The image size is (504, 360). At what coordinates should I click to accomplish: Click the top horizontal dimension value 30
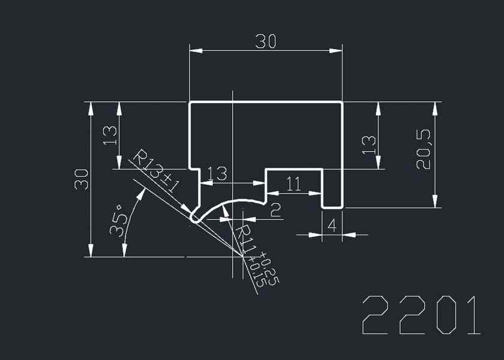pyautogui.click(x=265, y=41)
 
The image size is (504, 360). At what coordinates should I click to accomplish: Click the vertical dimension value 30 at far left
pyautogui.click(x=82, y=179)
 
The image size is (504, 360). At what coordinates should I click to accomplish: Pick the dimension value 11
pyautogui.click(x=293, y=184)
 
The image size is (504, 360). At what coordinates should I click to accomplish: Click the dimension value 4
pyautogui.click(x=332, y=226)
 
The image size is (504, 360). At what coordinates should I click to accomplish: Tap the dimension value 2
pyautogui.click(x=275, y=210)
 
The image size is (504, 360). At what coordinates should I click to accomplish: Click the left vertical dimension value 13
pyautogui.click(x=109, y=136)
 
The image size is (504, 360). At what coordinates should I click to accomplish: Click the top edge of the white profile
pyautogui.click(x=266, y=103)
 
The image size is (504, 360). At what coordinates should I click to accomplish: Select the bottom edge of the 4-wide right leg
pyautogui.click(x=332, y=208)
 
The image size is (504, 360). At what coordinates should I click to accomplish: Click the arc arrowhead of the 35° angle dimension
pyautogui.click(x=142, y=192)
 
